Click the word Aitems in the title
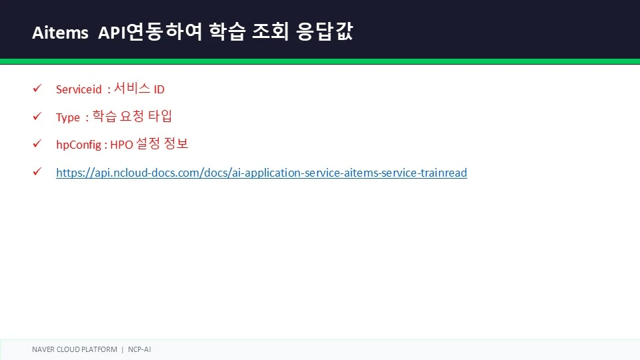pos(60,32)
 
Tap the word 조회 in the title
pos(270,31)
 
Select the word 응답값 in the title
pos(325,31)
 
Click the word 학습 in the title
pos(227,31)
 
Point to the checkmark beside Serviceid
pos(37,88)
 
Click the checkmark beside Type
pos(37,116)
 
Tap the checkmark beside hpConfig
pos(37,144)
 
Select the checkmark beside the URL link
pos(37,171)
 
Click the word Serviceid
pos(79,89)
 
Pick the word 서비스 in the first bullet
pos(132,88)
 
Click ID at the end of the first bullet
pos(159,89)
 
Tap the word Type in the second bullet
pos(68,117)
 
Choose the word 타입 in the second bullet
pos(159,116)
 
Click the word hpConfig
pos(79,145)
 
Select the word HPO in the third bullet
pos(121,145)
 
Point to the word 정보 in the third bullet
pos(176,144)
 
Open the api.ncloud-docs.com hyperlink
pos(261,173)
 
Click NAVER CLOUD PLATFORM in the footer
pos(75,349)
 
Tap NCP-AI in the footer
pos(139,349)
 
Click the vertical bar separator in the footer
pos(123,349)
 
